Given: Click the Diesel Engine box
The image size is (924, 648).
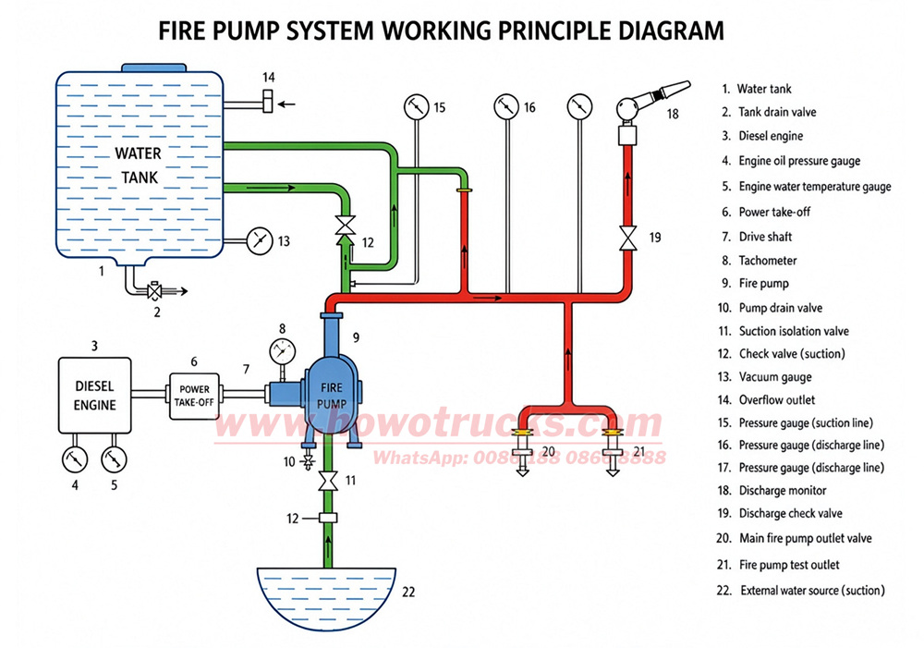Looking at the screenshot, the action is coord(95,395).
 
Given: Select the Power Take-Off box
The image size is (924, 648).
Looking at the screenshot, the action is coord(194,397).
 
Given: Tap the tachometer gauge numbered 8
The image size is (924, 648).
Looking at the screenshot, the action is coord(282,351).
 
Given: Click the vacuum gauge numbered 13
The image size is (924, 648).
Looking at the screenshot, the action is coord(260,240).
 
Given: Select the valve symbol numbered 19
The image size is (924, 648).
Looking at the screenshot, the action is coord(628,238).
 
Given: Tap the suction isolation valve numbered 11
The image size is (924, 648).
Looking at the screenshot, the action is coord(328,481).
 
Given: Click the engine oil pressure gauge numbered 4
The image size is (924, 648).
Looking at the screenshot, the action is coord(75,459).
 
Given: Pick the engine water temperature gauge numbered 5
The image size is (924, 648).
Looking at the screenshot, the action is coord(115,459).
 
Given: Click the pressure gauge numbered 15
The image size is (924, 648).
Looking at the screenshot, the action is coord(417,106).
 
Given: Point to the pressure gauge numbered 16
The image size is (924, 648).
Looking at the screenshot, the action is coord(506,106).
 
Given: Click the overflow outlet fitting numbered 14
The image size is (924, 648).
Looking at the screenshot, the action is coord(268,101).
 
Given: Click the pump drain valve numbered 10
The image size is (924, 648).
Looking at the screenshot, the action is coord(307,461).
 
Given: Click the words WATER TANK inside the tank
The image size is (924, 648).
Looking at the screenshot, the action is coord(138,165).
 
